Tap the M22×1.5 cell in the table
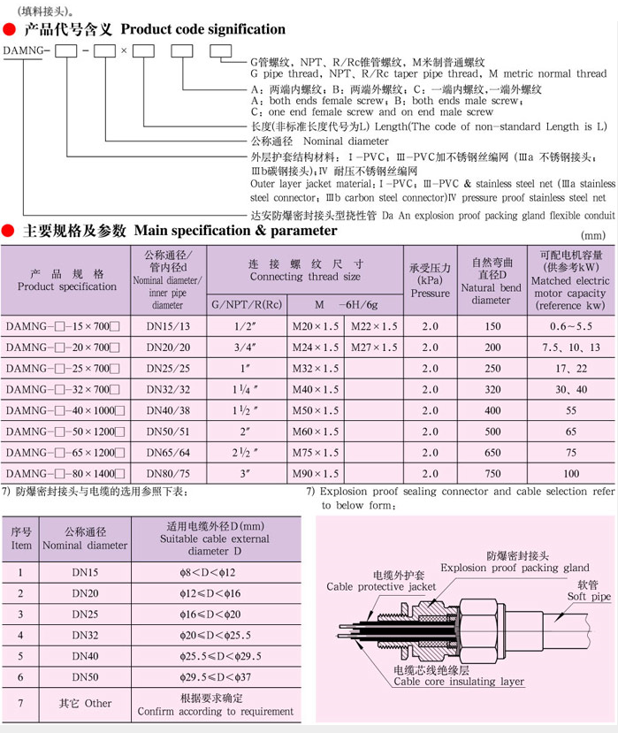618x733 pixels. click(x=374, y=326)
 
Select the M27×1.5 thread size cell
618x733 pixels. click(x=374, y=347)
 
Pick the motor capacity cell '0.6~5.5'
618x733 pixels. click(x=570, y=326)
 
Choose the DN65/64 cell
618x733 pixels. click(x=166, y=453)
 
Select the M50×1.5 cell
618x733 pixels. click(x=316, y=410)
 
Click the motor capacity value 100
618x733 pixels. click(x=570, y=474)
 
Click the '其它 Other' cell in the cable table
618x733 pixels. click(x=85, y=704)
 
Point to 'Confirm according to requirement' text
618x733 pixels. click(x=215, y=711)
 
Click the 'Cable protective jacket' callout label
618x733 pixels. click(x=381, y=586)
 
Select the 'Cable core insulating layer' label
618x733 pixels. click(x=459, y=682)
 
